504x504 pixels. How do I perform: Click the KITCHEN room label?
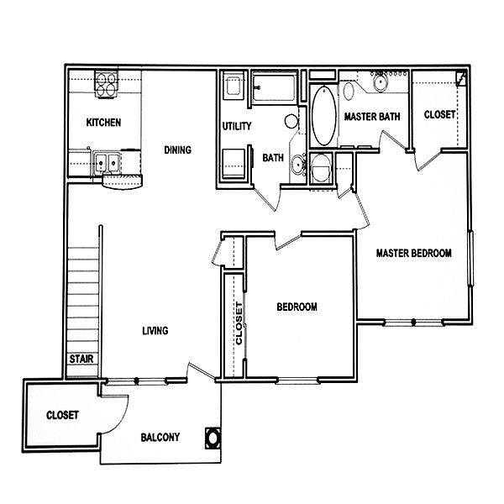click(x=103, y=123)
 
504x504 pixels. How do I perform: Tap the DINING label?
click(x=178, y=150)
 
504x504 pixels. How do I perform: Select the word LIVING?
click(x=155, y=331)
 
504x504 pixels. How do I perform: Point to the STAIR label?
click(x=81, y=359)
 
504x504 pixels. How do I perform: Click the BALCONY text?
click(x=160, y=438)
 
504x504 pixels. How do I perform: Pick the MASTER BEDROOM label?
click(x=414, y=254)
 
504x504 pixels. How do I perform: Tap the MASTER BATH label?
click(x=372, y=117)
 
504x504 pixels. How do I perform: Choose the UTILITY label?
click(x=237, y=126)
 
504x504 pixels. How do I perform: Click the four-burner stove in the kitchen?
click(x=106, y=85)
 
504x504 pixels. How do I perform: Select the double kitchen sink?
click(x=107, y=163)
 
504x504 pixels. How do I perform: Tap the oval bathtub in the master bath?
click(x=324, y=116)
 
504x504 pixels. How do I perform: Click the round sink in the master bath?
click(x=381, y=82)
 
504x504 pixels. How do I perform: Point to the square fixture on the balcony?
click(x=213, y=438)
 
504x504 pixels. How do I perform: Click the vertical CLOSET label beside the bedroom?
click(x=239, y=323)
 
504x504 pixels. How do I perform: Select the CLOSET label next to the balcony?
click(x=62, y=415)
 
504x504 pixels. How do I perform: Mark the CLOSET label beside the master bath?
click(x=439, y=115)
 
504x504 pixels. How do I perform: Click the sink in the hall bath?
click(x=298, y=165)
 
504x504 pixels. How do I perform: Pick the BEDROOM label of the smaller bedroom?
click(x=297, y=307)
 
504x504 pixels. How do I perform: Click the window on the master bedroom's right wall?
click(x=470, y=258)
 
